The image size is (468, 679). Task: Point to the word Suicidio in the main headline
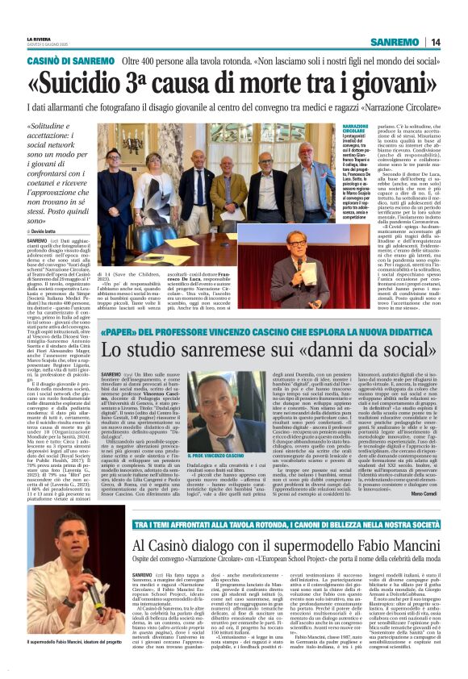[x=98, y=84]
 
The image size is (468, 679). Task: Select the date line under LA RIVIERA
[x=45, y=45]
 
